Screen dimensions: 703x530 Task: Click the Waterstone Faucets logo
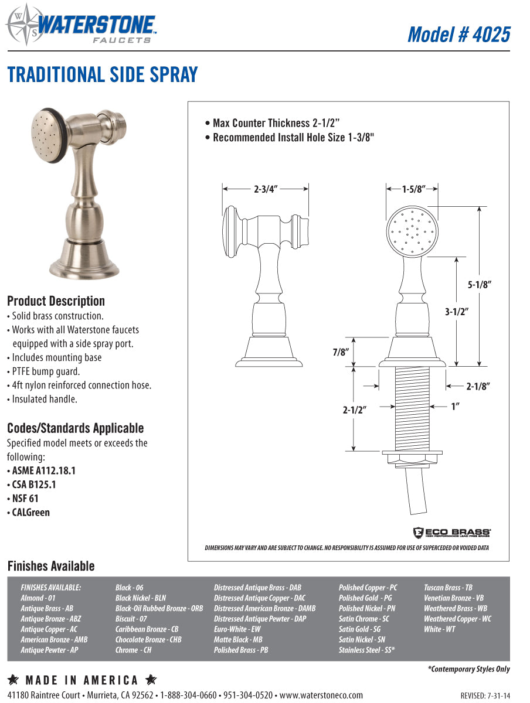82,25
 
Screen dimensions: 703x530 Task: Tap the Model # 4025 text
458,34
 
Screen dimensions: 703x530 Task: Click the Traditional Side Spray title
103,75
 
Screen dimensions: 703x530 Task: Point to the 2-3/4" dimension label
266,189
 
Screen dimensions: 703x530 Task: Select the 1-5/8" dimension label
413,189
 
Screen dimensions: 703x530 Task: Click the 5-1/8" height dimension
479,285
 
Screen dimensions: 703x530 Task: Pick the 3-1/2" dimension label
455,312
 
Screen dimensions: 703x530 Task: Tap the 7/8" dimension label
340,353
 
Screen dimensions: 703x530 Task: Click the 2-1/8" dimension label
478,386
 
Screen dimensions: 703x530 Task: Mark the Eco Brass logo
451,532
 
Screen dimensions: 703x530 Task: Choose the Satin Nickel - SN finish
362,640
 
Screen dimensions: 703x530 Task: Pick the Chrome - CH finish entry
134,650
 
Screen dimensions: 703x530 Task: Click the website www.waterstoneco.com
321,695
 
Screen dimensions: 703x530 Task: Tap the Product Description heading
56,301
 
